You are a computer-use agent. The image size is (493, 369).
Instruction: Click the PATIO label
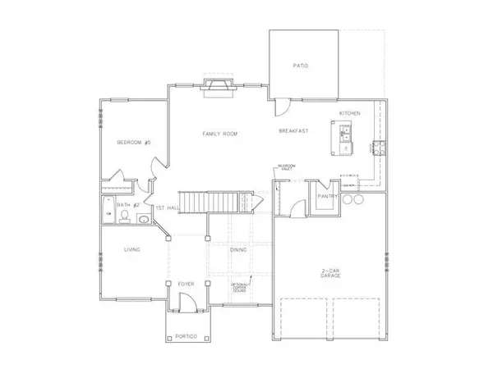302,65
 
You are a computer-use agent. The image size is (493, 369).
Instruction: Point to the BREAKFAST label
293,132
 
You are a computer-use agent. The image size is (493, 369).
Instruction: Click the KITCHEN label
351,112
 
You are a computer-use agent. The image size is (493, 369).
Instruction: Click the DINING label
238,249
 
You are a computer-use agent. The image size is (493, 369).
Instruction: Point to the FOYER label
185,284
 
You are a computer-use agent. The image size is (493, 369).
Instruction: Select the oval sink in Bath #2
142,219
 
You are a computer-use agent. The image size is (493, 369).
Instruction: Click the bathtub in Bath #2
108,209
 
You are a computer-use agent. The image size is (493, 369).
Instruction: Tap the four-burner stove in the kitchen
380,148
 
